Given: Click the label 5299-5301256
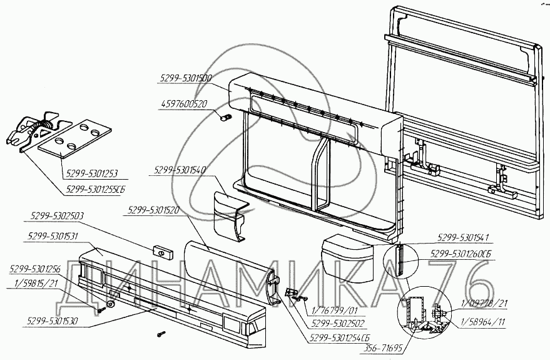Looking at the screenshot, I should click(x=35, y=269).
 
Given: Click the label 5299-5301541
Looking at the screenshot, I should click(x=462, y=238).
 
